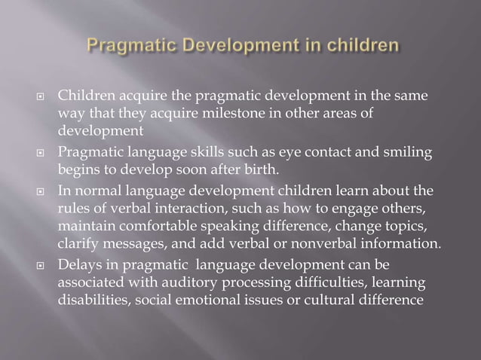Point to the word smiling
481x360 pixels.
(409, 153)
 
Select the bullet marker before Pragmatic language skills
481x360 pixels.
(44, 154)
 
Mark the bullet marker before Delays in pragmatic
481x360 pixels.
(44, 264)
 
